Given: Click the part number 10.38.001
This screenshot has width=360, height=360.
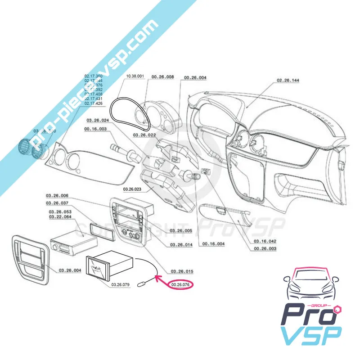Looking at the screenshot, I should [135, 76].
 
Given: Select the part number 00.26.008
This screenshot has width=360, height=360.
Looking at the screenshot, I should [162, 77].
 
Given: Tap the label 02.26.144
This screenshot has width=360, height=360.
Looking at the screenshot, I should [288, 80].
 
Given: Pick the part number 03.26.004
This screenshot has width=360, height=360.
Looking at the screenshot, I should [70, 270].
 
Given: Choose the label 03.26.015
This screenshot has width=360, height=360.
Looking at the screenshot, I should [182, 271].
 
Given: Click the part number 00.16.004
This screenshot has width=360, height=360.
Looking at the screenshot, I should [213, 243].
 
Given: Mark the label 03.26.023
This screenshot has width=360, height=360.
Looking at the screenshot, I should [133, 189].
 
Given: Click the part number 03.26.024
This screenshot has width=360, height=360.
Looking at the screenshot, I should [98, 120].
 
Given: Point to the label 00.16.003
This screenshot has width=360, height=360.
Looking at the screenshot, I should [95, 129].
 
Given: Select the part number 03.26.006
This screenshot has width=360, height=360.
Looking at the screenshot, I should [56, 196].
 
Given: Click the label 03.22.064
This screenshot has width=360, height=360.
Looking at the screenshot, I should [60, 217].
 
